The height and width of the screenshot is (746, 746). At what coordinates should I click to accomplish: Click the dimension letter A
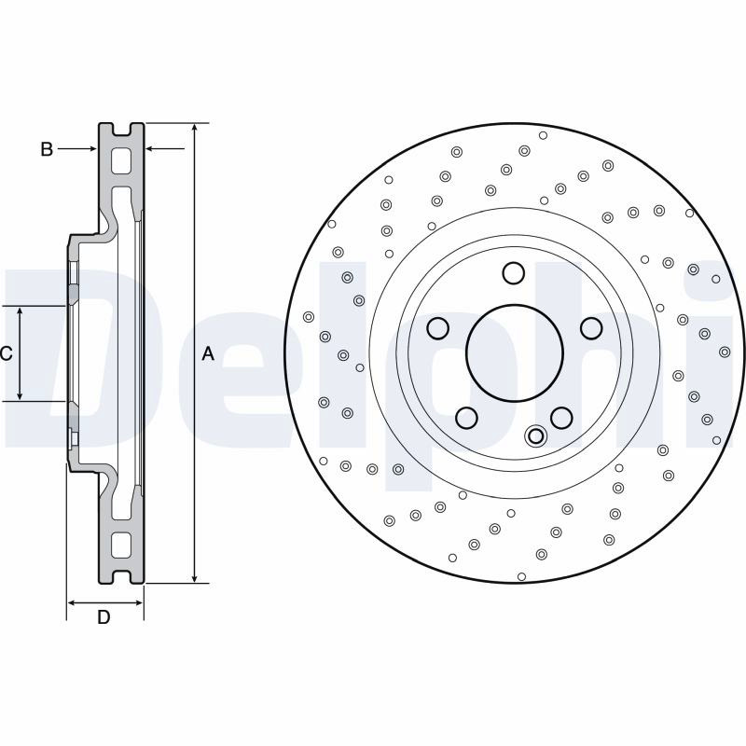208,353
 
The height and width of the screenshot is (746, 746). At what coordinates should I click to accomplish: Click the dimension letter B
47,149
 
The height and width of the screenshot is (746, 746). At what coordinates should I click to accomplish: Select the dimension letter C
7,353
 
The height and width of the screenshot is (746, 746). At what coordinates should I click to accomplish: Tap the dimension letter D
104,616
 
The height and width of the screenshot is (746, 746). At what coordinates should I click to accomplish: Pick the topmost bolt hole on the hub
514,273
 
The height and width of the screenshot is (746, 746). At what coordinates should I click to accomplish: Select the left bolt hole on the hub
437,328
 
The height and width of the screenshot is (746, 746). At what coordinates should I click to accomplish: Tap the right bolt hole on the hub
591,328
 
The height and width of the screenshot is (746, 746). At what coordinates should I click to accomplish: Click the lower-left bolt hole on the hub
466,417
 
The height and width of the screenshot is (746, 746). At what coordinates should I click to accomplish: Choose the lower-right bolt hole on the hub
561,417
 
